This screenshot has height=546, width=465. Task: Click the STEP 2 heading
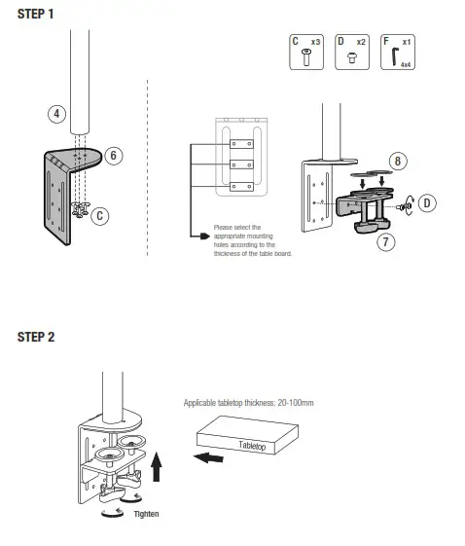pos(36,337)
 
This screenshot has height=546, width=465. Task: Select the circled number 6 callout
pos(113,155)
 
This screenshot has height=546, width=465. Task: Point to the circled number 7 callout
pos(386,241)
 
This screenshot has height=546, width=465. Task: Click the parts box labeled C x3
pos(305,52)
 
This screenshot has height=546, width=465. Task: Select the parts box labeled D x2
pos(350,52)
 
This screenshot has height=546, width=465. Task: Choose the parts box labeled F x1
pos(396,52)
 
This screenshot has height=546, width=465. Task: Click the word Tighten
pos(148,513)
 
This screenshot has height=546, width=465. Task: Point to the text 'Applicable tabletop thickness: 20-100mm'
pos(256,401)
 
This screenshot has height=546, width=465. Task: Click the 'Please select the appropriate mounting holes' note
pos(252,239)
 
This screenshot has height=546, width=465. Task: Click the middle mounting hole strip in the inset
pos(239,164)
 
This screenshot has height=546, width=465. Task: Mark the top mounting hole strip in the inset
pos(239,139)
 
